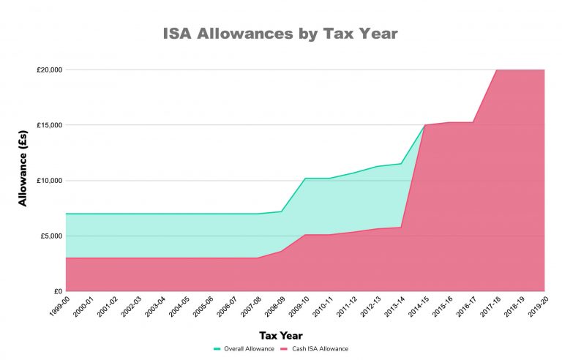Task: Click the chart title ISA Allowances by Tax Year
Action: pos(281,34)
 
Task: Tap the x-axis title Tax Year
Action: pos(281,336)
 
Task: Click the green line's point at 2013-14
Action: pos(401,164)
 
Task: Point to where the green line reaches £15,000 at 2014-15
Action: pos(425,125)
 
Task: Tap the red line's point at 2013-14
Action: pos(401,228)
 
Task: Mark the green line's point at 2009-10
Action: pos(305,179)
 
